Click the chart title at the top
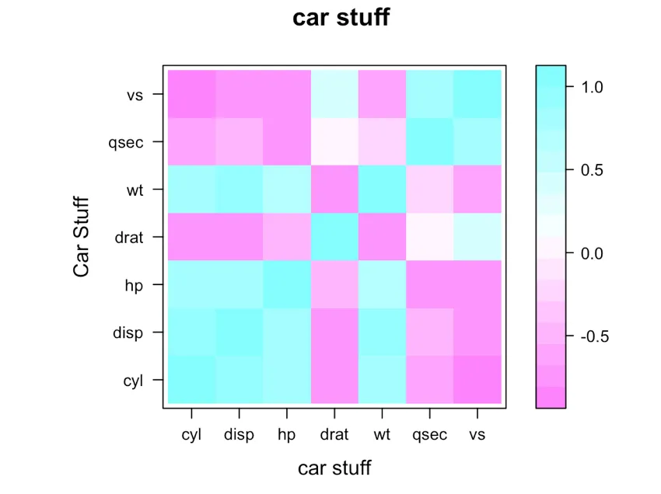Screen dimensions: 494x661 click(x=341, y=18)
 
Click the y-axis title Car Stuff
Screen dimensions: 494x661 click(x=82, y=237)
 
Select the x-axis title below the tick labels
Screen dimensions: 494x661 click(x=334, y=468)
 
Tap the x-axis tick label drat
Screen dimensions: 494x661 click(x=334, y=435)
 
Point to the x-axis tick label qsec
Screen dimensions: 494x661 click(x=429, y=435)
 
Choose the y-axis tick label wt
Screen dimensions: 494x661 click(x=134, y=190)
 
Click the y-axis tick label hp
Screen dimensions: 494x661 click(x=134, y=284)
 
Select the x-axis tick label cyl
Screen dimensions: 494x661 click(x=191, y=435)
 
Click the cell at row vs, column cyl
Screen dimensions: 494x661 click(x=191, y=94)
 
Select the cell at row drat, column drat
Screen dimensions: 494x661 click(x=334, y=237)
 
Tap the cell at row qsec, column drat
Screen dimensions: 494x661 click(x=334, y=141)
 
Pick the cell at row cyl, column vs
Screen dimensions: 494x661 click(x=477, y=380)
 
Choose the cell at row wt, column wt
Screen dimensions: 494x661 click(x=382, y=190)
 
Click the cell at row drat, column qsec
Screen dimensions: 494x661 click(x=429, y=237)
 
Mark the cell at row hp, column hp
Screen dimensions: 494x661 click(x=287, y=284)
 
